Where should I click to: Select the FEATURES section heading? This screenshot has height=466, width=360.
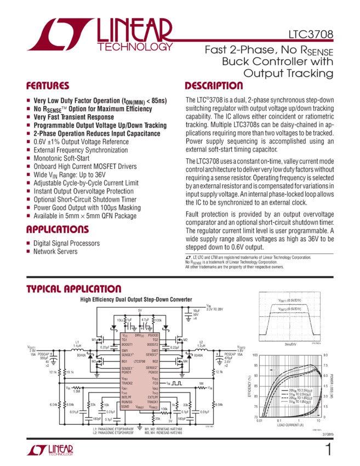pos(48,86)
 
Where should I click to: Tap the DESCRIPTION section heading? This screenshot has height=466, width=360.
pos(214,86)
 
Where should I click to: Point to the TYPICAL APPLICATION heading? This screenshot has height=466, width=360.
pos(74,289)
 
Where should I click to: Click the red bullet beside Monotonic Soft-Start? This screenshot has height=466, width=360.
pos(28,158)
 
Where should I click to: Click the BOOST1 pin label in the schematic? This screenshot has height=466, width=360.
pos(127,344)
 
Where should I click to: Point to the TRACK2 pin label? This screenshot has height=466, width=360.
pos(128,382)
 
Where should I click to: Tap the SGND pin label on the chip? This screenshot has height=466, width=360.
pos(125,407)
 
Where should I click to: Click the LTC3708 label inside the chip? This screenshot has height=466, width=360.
pos(140,361)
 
